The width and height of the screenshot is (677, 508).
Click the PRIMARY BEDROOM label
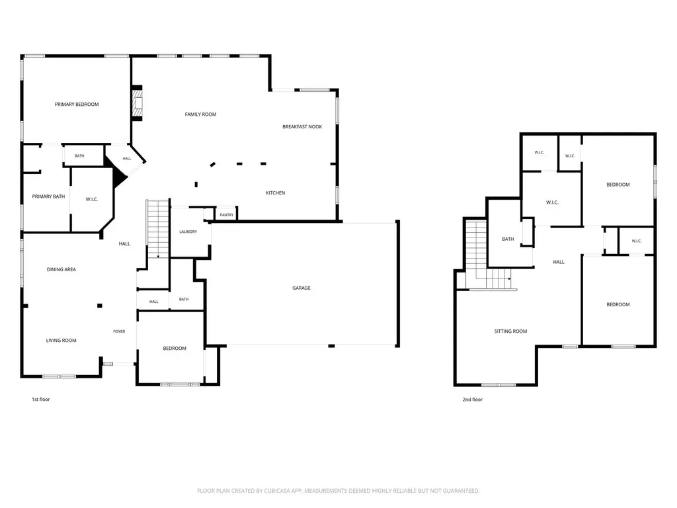coord(77,104)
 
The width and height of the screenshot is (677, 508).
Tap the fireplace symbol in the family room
coord(137,103)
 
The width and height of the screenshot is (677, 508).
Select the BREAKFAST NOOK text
coord(302,126)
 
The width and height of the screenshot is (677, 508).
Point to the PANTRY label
coord(227,215)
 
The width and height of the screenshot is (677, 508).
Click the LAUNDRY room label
coord(188,232)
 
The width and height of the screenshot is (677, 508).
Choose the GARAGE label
coord(301,288)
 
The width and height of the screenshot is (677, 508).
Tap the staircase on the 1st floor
coord(157,229)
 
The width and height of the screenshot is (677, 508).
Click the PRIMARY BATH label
coord(48,196)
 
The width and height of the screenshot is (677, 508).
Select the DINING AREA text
coord(61,269)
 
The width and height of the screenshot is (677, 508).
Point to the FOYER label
coord(119,331)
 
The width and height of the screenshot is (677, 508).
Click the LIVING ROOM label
coord(61,341)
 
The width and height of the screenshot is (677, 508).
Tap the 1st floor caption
coord(40,399)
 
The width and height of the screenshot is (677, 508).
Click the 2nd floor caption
coord(472,400)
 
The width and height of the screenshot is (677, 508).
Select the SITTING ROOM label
coord(511,331)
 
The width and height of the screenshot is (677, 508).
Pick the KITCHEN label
coord(276,192)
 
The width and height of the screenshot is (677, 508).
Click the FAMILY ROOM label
coord(201,114)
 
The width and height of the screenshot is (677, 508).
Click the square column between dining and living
coord(100,306)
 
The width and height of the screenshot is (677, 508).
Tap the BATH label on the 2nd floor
coord(508,239)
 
